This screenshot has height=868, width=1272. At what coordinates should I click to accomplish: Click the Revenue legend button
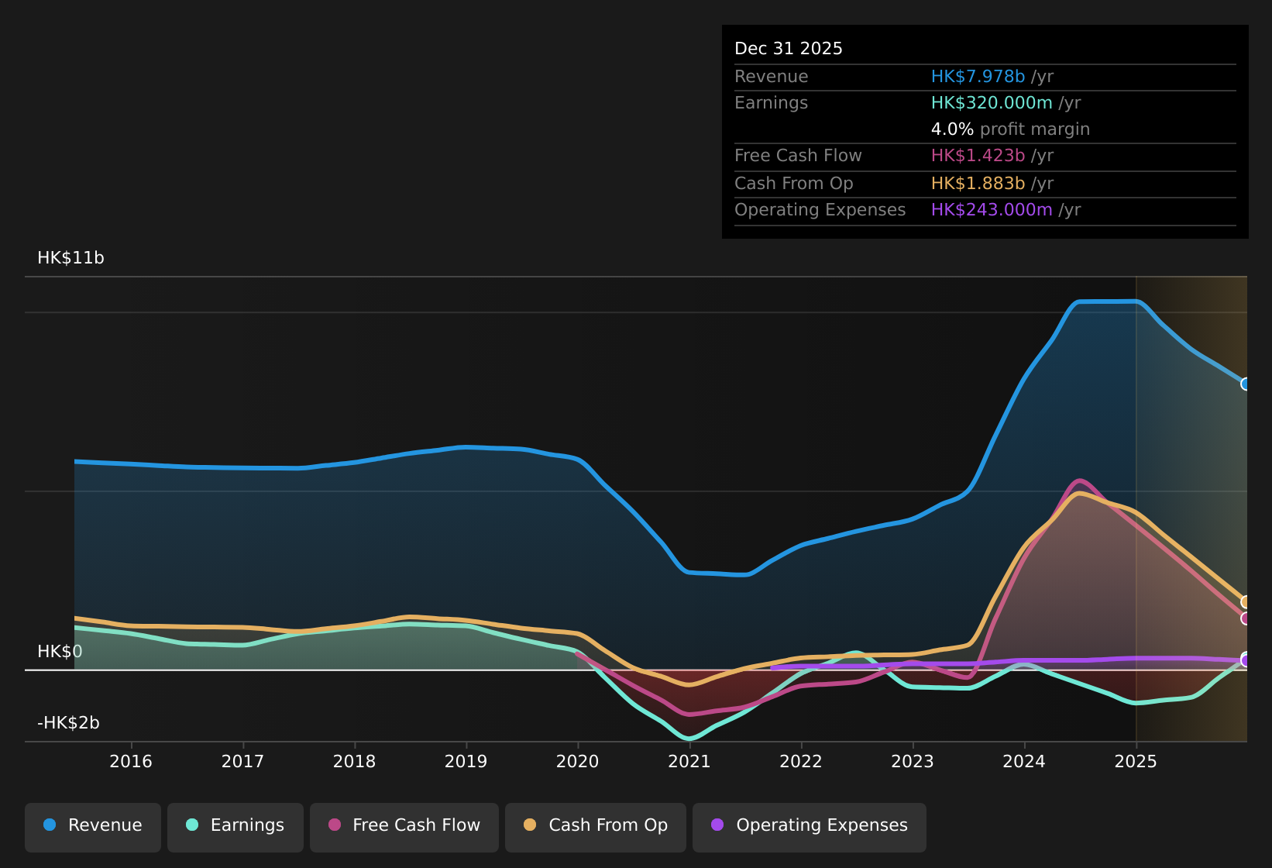(93, 825)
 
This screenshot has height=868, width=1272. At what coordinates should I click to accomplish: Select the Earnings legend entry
(235, 825)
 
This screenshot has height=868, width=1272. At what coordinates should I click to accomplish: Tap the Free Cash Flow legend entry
(404, 825)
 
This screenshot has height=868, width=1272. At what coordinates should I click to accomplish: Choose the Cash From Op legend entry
(595, 825)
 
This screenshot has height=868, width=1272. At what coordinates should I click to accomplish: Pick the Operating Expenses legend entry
(809, 825)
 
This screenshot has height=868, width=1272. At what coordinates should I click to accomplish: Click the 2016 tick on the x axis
(131, 761)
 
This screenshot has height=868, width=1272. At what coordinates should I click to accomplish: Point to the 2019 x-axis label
(466, 761)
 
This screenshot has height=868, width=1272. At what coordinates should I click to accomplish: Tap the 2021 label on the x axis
(689, 761)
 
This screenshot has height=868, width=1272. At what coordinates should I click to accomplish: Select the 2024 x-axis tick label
(1023, 761)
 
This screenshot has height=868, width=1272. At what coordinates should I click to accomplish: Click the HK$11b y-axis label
(70, 258)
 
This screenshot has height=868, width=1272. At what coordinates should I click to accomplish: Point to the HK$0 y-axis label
(60, 652)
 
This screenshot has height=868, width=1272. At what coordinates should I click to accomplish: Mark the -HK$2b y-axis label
(68, 723)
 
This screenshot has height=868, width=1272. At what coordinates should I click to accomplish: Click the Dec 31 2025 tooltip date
(788, 49)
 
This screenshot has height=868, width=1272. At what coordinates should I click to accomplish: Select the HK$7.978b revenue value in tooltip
(978, 77)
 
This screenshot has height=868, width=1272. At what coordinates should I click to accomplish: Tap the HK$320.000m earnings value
(992, 103)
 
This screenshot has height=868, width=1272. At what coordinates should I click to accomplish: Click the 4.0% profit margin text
(1009, 129)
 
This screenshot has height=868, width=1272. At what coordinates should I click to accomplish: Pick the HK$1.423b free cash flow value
(978, 156)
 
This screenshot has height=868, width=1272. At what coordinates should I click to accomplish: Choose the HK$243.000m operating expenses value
(992, 210)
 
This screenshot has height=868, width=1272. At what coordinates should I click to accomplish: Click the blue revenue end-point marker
(1246, 384)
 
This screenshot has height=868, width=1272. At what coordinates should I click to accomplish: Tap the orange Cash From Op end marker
(1246, 602)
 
